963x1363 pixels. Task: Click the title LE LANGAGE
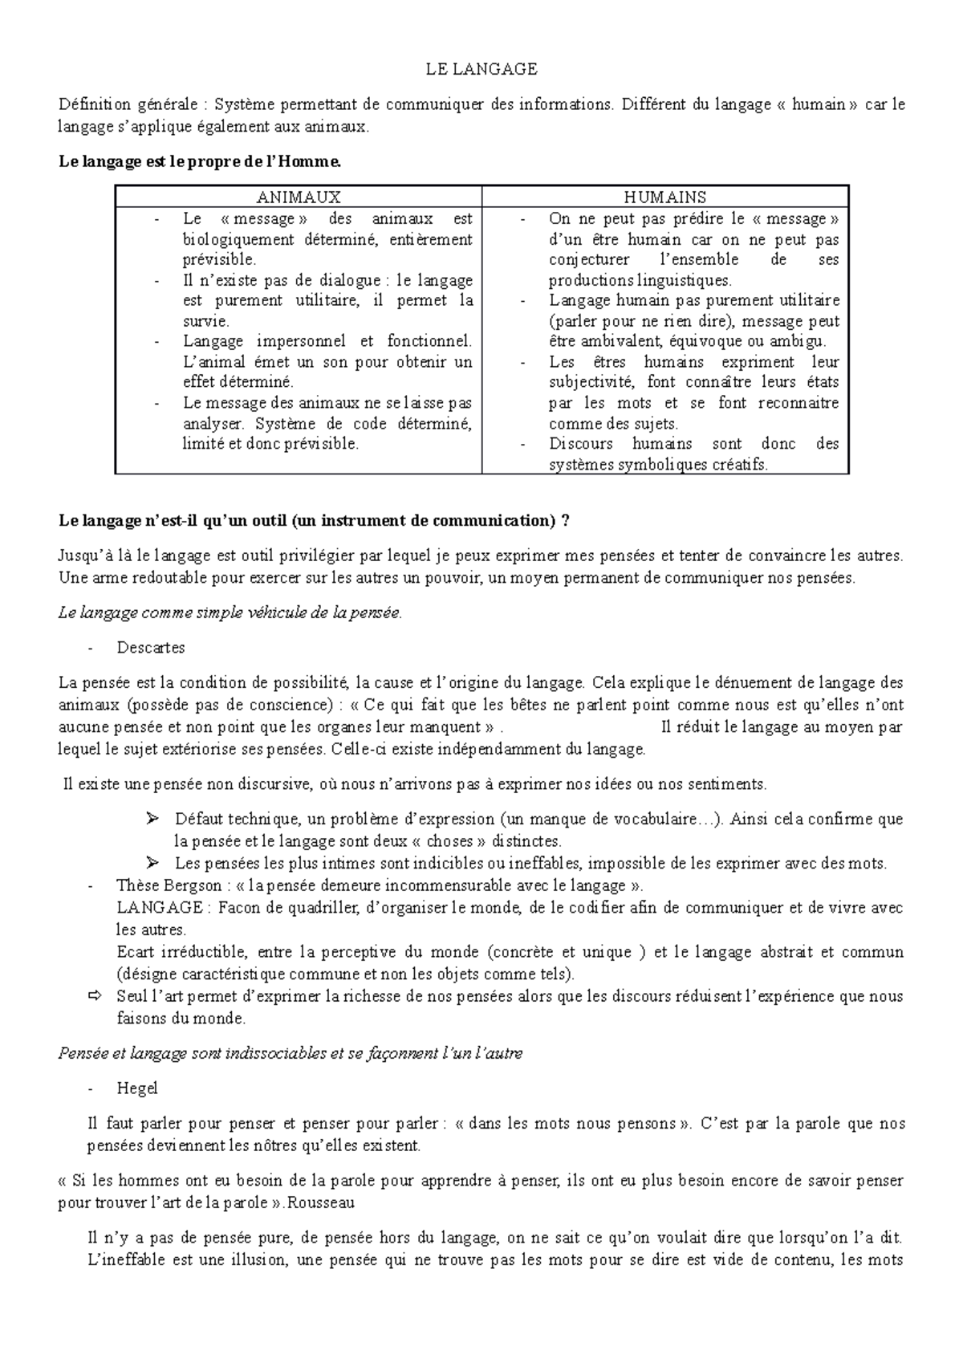pyautogui.click(x=481, y=70)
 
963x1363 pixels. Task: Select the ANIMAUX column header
pyautogui.click(x=299, y=197)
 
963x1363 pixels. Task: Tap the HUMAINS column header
pyautogui.click(x=664, y=197)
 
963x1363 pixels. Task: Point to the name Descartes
pyautogui.click(x=151, y=647)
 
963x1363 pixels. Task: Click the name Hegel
pyautogui.click(x=137, y=1088)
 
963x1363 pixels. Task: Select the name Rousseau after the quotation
pyautogui.click(x=323, y=1203)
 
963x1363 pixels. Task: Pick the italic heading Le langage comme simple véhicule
pyautogui.click(x=229, y=613)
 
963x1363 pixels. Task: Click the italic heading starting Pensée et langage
pyautogui.click(x=290, y=1053)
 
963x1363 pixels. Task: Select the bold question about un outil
pyautogui.click(x=314, y=521)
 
